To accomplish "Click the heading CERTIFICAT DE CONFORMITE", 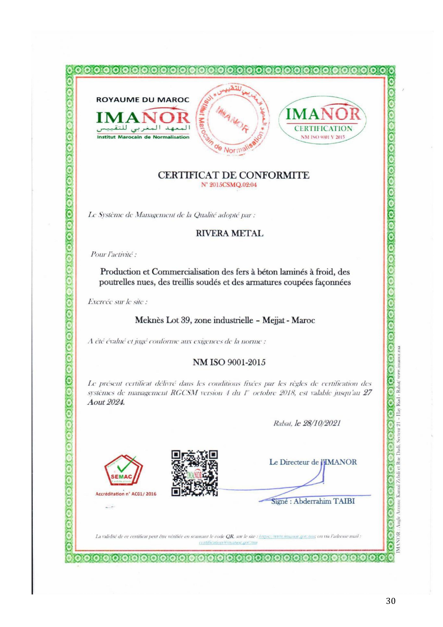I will point(234,175).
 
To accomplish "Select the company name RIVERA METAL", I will point(230,233).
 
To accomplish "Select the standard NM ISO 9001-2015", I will point(229,363).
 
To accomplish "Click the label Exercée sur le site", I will point(118,302).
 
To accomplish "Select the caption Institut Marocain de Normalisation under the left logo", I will point(143,137).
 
